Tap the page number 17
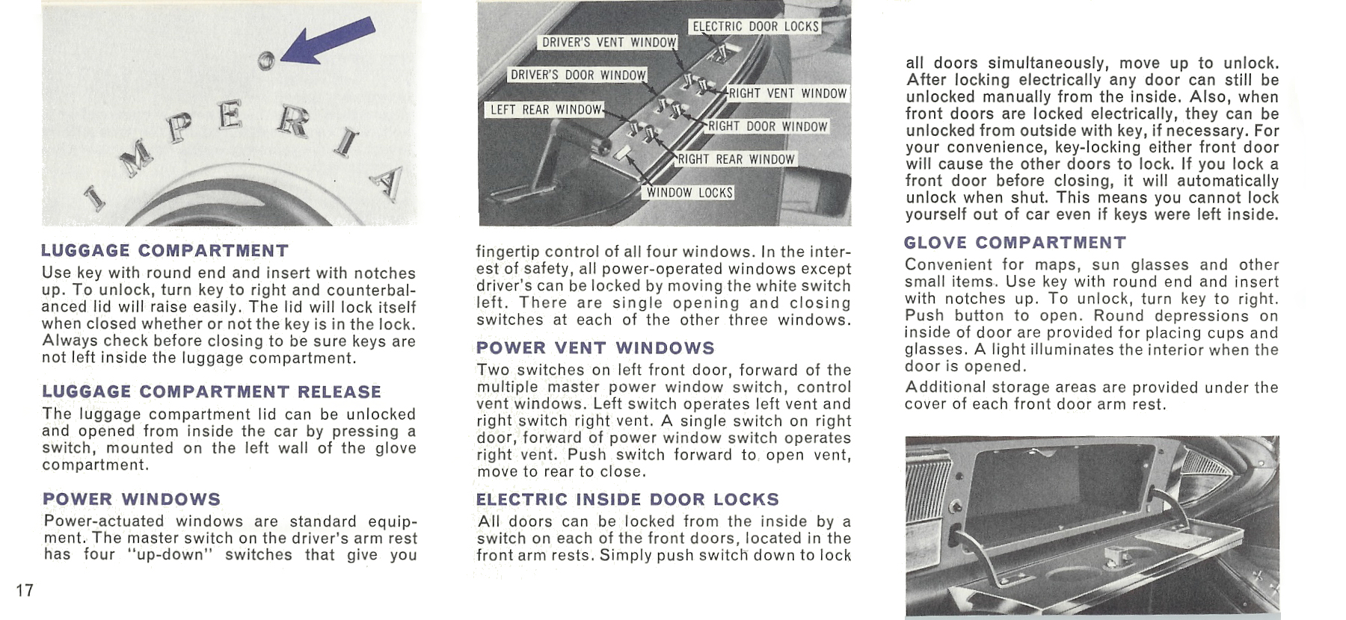pos(25,590)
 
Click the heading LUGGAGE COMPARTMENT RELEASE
pos(212,392)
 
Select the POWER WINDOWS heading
pos(132,499)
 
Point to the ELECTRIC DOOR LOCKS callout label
pos(755,27)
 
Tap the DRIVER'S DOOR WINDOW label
pos(577,75)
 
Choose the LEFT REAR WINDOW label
pos(545,110)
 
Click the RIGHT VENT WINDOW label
pos(787,93)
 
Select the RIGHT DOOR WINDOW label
pos(767,126)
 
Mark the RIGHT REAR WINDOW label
pos(736,159)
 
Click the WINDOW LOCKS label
pos(689,193)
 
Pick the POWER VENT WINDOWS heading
pos(595,348)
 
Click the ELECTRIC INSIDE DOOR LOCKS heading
pos(627,499)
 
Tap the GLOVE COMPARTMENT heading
pos(1015,243)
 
